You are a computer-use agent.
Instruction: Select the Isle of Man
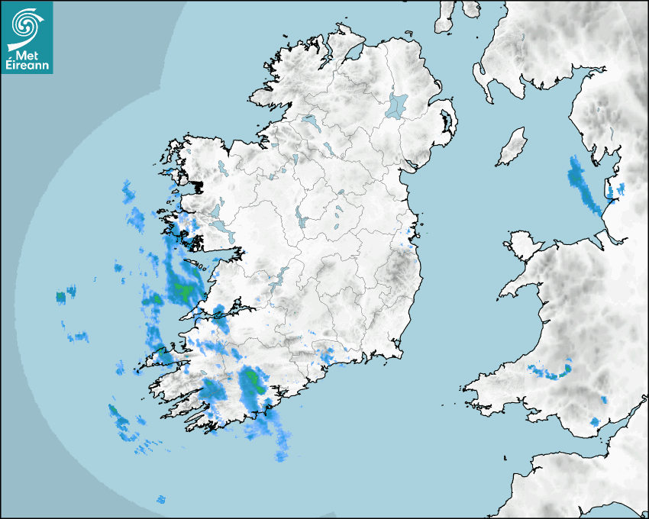512,147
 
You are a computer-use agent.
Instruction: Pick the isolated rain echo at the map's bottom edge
160,500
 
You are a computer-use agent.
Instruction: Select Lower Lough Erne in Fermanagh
310,122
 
